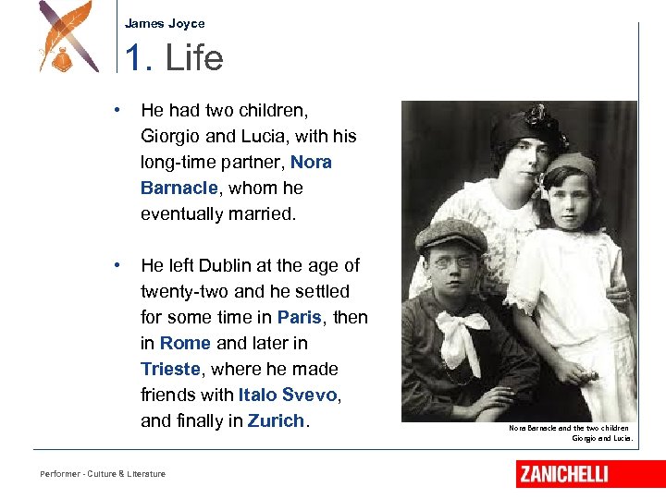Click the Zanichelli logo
[563, 474]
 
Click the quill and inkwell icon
[68, 38]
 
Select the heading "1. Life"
[174, 58]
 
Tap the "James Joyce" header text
[165, 24]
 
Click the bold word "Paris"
[300, 317]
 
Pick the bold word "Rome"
[185, 343]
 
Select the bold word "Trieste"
[170, 369]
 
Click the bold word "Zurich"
[276, 420]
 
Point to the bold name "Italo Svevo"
[289, 395]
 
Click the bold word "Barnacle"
[179, 188]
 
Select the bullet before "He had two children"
[117, 110]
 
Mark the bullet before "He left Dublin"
[117, 265]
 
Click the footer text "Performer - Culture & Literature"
[103, 474]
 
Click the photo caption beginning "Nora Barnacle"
[570, 432]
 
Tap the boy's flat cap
[450, 236]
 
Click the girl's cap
[572, 166]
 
